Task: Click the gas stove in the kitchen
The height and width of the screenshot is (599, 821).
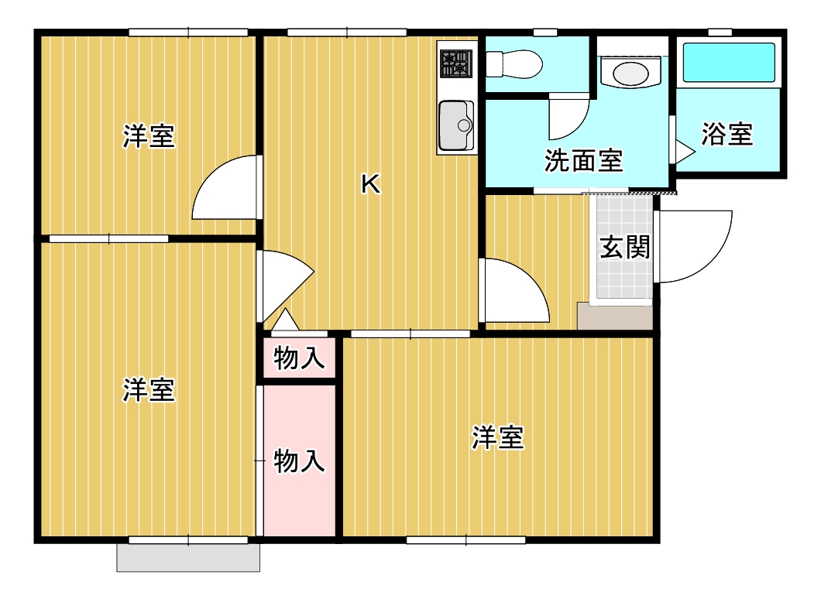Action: [456, 63]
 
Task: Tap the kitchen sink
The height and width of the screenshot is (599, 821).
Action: [455, 125]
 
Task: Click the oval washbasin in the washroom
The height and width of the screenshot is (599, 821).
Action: [630, 74]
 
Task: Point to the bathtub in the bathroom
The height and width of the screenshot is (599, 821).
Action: [728, 62]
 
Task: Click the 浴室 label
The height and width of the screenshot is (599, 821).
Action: [727, 134]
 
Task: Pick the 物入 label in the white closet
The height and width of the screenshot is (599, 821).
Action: [299, 358]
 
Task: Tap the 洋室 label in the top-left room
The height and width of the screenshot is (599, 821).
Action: [148, 137]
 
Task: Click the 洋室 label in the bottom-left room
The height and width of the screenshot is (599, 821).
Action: [148, 388]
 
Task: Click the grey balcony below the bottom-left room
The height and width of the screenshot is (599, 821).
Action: [188, 557]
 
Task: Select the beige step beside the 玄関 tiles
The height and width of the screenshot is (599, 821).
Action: [615, 316]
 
